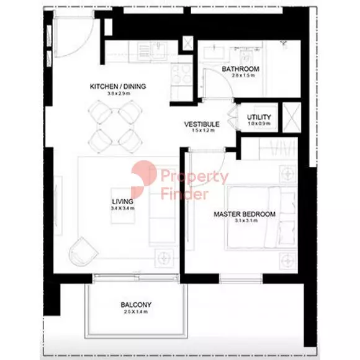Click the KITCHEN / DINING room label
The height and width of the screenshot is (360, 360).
tap(117, 86)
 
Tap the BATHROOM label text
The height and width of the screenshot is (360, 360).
tap(240, 69)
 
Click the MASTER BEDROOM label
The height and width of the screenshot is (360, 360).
tap(244, 214)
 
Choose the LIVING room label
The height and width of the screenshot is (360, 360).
tap(122, 201)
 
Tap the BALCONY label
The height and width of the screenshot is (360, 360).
tap(137, 305)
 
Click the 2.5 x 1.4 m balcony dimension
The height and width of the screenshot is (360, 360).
tap(137, 313)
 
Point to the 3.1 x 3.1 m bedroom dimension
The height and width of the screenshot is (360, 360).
tap(244, 222)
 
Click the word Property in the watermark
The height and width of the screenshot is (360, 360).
tap(194, 178)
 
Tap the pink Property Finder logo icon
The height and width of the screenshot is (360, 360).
tap(144, 175)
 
